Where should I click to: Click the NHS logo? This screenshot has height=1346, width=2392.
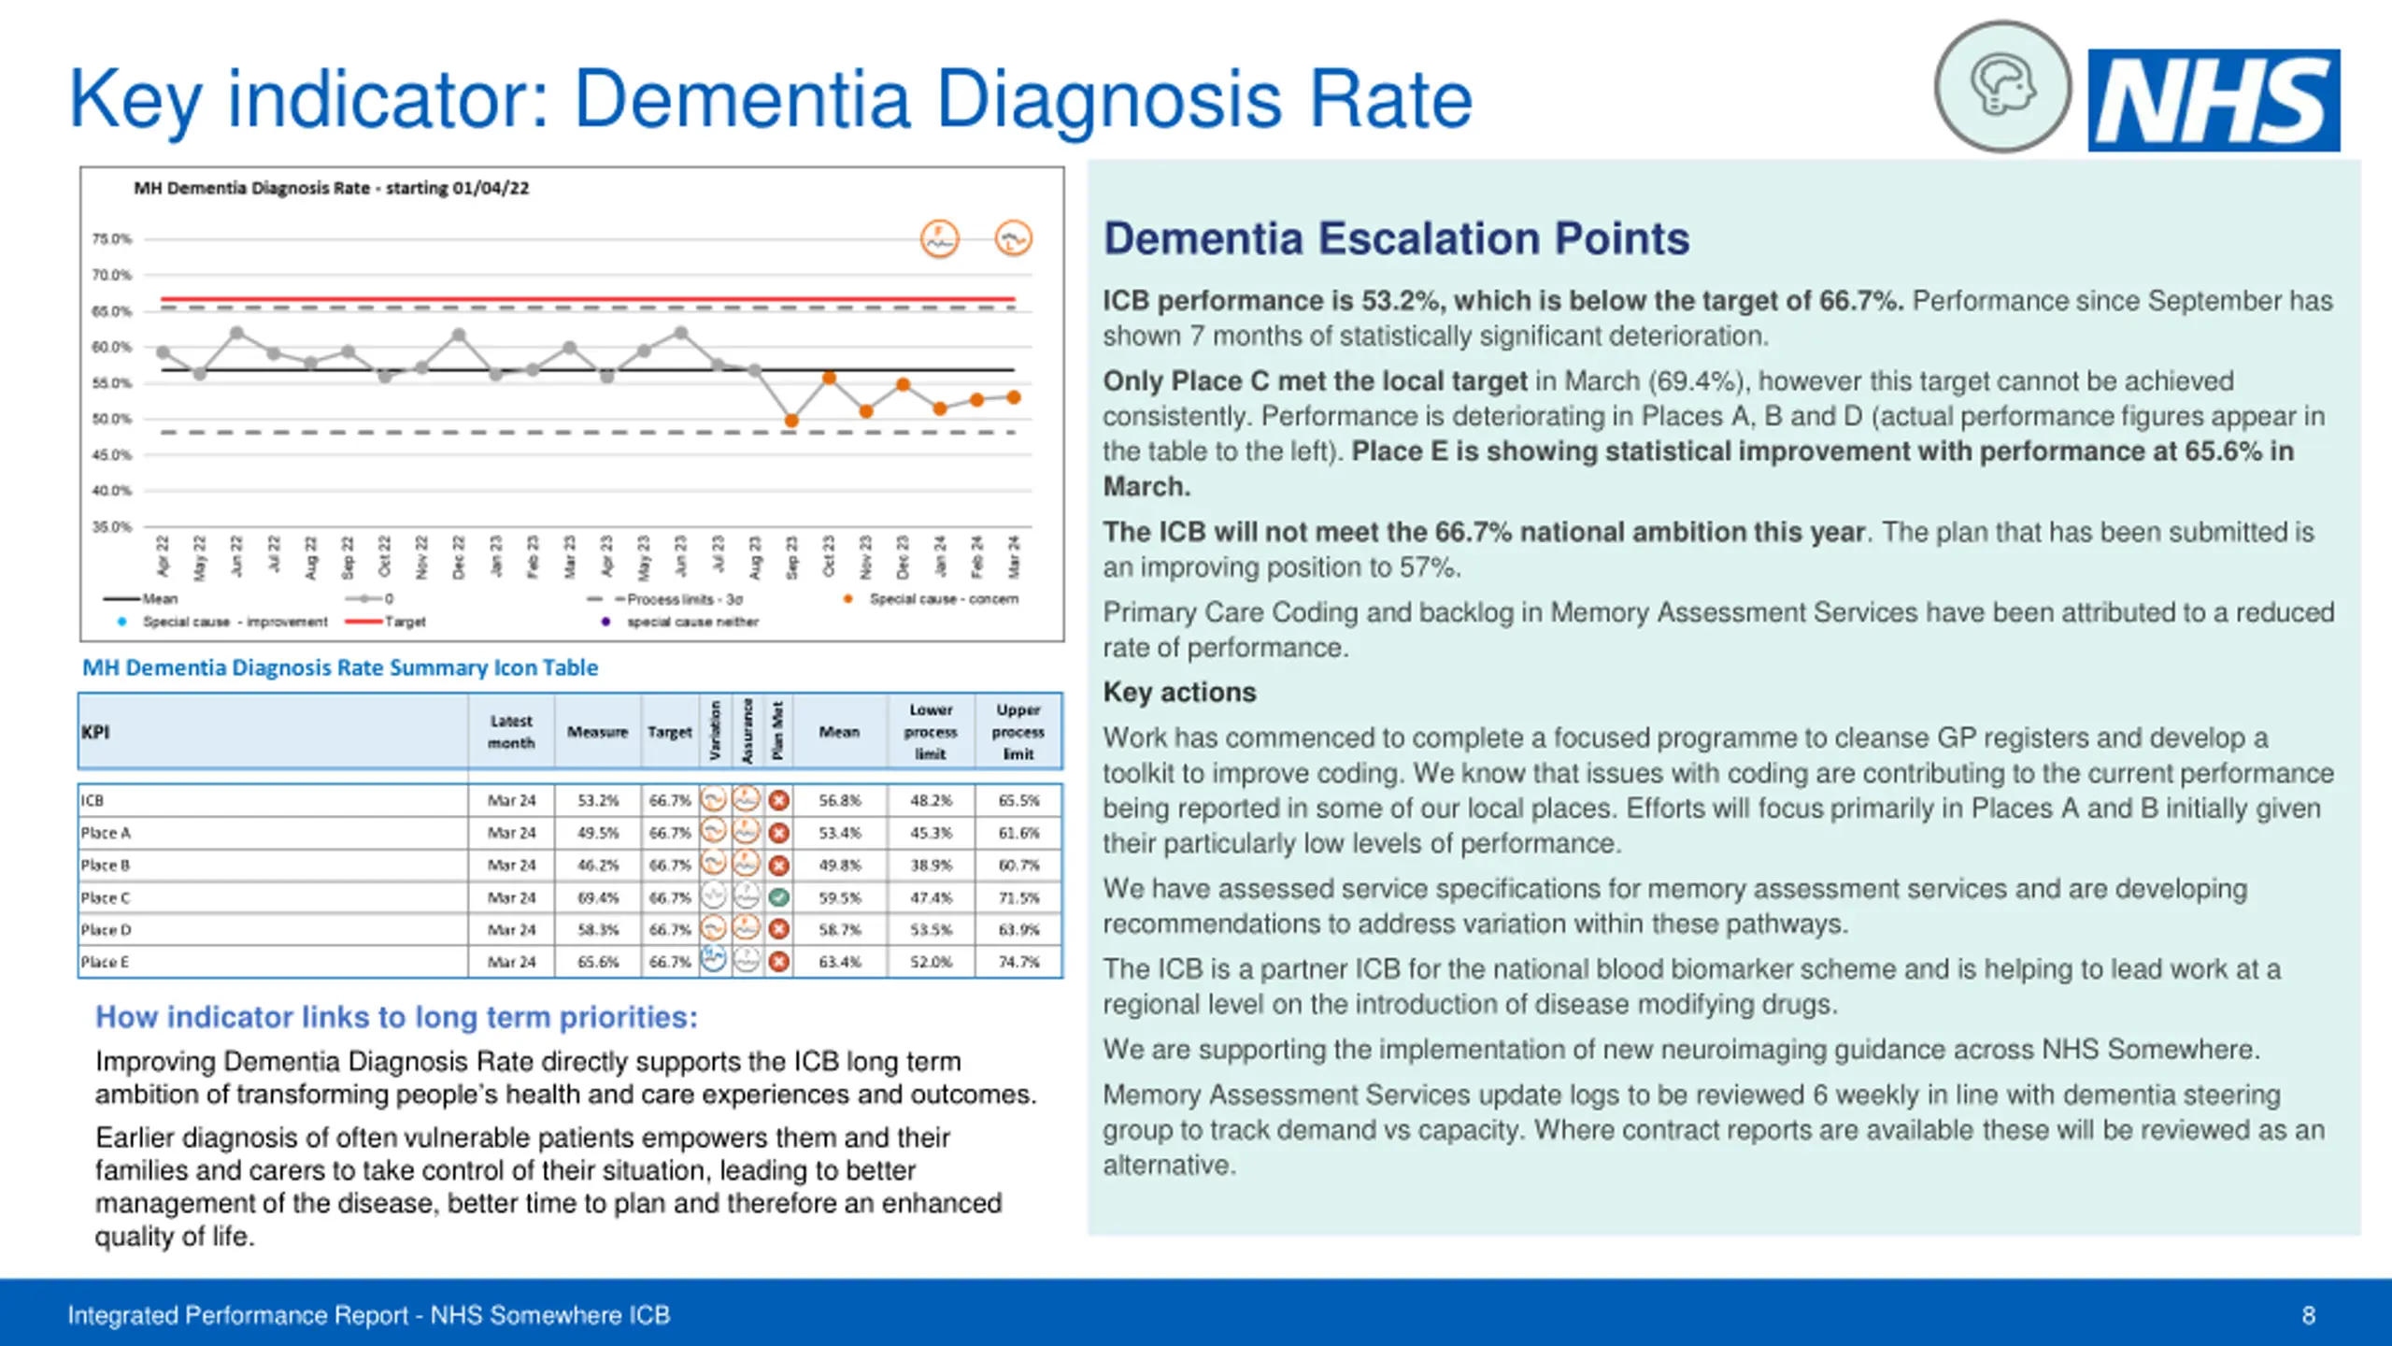coord(2214,100)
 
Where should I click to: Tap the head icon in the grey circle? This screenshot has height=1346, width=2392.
coord(2001,87)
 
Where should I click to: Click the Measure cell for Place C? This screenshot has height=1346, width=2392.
coord(598,897)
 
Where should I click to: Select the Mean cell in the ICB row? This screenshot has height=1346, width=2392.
coord(839,800)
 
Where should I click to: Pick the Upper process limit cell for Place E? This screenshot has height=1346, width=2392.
coord(1018,962)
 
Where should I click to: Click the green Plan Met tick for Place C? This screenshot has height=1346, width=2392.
coord(778,897)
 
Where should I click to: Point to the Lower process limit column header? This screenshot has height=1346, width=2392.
coord(931,732)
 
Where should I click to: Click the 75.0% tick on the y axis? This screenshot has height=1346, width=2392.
coord(111,239)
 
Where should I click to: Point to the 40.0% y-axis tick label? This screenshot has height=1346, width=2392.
coord(111,491)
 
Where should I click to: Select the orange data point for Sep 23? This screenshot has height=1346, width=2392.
coord(791,421)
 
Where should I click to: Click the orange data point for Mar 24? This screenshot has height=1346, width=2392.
coord(1014,397)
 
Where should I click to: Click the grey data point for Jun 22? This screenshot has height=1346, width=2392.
coord(236,333)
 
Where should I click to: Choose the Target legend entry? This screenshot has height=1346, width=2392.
coord(405,622)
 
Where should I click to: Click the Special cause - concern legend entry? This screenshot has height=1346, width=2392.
coord(943,599)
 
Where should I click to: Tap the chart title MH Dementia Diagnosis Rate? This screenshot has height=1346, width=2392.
coord(331,188)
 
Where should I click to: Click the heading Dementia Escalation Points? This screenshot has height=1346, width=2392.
coord(1396,238)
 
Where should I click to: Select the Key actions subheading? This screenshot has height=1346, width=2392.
coord(1179,693)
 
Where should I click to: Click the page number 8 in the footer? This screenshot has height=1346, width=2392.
coord(2308,1315)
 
